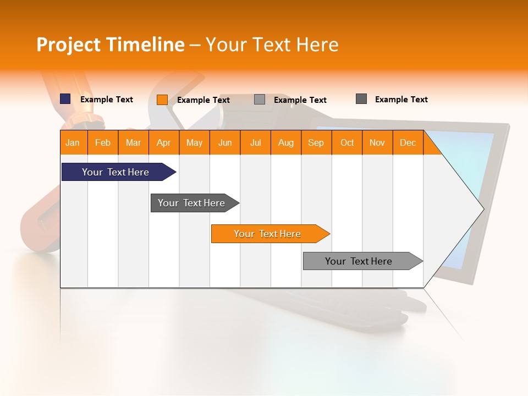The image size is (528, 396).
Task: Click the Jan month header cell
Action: (73, 143)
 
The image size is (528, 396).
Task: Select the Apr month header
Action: (164, 143)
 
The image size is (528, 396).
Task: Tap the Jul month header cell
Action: (255, 143)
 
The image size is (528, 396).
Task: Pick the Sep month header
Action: (316, 143)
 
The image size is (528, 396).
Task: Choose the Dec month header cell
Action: (408, 143)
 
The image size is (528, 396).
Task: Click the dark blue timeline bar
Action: (116, 172)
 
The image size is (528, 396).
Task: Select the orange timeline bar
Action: (268, 234)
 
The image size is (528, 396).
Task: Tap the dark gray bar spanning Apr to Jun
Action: (192, 203)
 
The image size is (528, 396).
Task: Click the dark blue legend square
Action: (65, 99)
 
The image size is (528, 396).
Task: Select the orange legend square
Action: (162, 100)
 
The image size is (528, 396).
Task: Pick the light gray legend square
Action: (260, 100)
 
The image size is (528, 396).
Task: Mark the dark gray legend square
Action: (361, 99)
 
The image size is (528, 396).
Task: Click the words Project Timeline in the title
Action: (111, 45)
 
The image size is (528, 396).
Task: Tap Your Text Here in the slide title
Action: (272, 45)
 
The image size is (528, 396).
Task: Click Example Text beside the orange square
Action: (204, 100)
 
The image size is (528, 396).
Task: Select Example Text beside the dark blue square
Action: (107, 100)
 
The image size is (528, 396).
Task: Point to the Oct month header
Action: (347, 143)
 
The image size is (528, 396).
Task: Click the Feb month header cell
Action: (103, 143)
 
